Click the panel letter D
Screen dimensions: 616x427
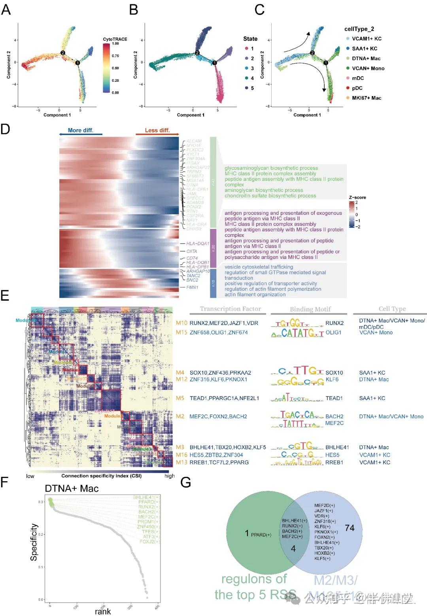point(5,129)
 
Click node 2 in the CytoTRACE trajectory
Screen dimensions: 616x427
point(62,53)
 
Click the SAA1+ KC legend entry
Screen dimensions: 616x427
point(364,49)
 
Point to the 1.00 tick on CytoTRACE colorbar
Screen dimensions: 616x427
point(115,44)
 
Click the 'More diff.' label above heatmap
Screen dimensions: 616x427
point(81,130)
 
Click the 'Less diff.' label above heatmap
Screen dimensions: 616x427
point(157,130)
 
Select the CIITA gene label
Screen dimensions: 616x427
point(192,251)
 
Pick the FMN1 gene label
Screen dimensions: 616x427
point(193,287)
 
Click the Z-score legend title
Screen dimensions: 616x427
point(357,197)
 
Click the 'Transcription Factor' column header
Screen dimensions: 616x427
point(231,309)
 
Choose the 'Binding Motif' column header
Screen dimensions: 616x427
point(310,309)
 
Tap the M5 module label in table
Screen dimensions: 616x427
point(180,398)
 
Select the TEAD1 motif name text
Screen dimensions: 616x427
point(334,398)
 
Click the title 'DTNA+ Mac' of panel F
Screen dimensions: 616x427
point(72,489)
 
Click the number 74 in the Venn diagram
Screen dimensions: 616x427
point(350,528)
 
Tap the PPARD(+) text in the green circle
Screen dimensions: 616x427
point(261,535)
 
